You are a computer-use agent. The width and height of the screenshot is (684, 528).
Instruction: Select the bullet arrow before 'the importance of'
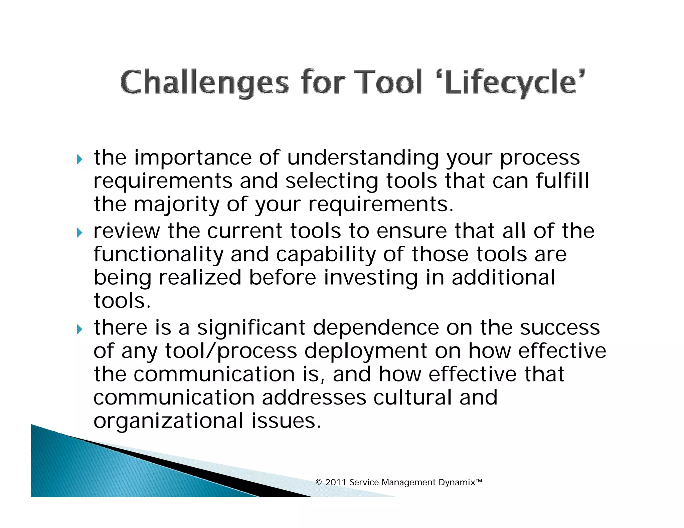[79, 160]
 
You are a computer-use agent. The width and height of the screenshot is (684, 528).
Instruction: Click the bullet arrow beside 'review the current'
[79, 233]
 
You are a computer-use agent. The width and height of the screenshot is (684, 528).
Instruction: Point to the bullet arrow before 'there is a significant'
[79, 329]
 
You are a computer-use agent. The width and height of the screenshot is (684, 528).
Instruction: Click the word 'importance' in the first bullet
[193, 158]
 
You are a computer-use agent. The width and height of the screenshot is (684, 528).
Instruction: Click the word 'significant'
[251, 327]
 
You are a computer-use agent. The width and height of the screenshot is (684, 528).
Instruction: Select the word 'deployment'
[366, 351]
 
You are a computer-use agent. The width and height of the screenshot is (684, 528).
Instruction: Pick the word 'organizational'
[168, 421]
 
